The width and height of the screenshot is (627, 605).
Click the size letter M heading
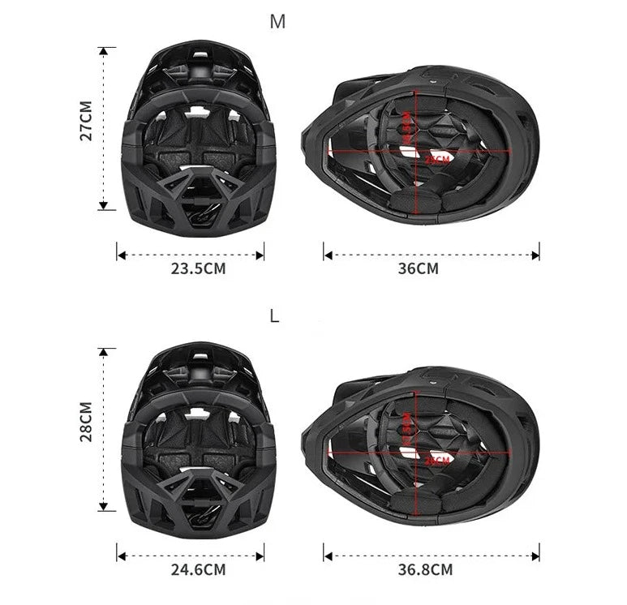point(277,22)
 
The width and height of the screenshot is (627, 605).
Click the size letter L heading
point(274,316)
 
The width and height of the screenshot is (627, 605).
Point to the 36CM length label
point(419,268)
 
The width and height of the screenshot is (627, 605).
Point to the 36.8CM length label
point(425,569)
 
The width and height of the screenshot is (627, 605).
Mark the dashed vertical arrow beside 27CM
point(103,127)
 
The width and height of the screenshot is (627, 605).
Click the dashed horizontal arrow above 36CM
point(432,255)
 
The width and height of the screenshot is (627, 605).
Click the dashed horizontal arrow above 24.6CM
point(191,556)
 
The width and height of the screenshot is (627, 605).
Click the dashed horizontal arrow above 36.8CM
point(432,556)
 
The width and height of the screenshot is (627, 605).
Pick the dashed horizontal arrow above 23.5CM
point(191,255)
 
